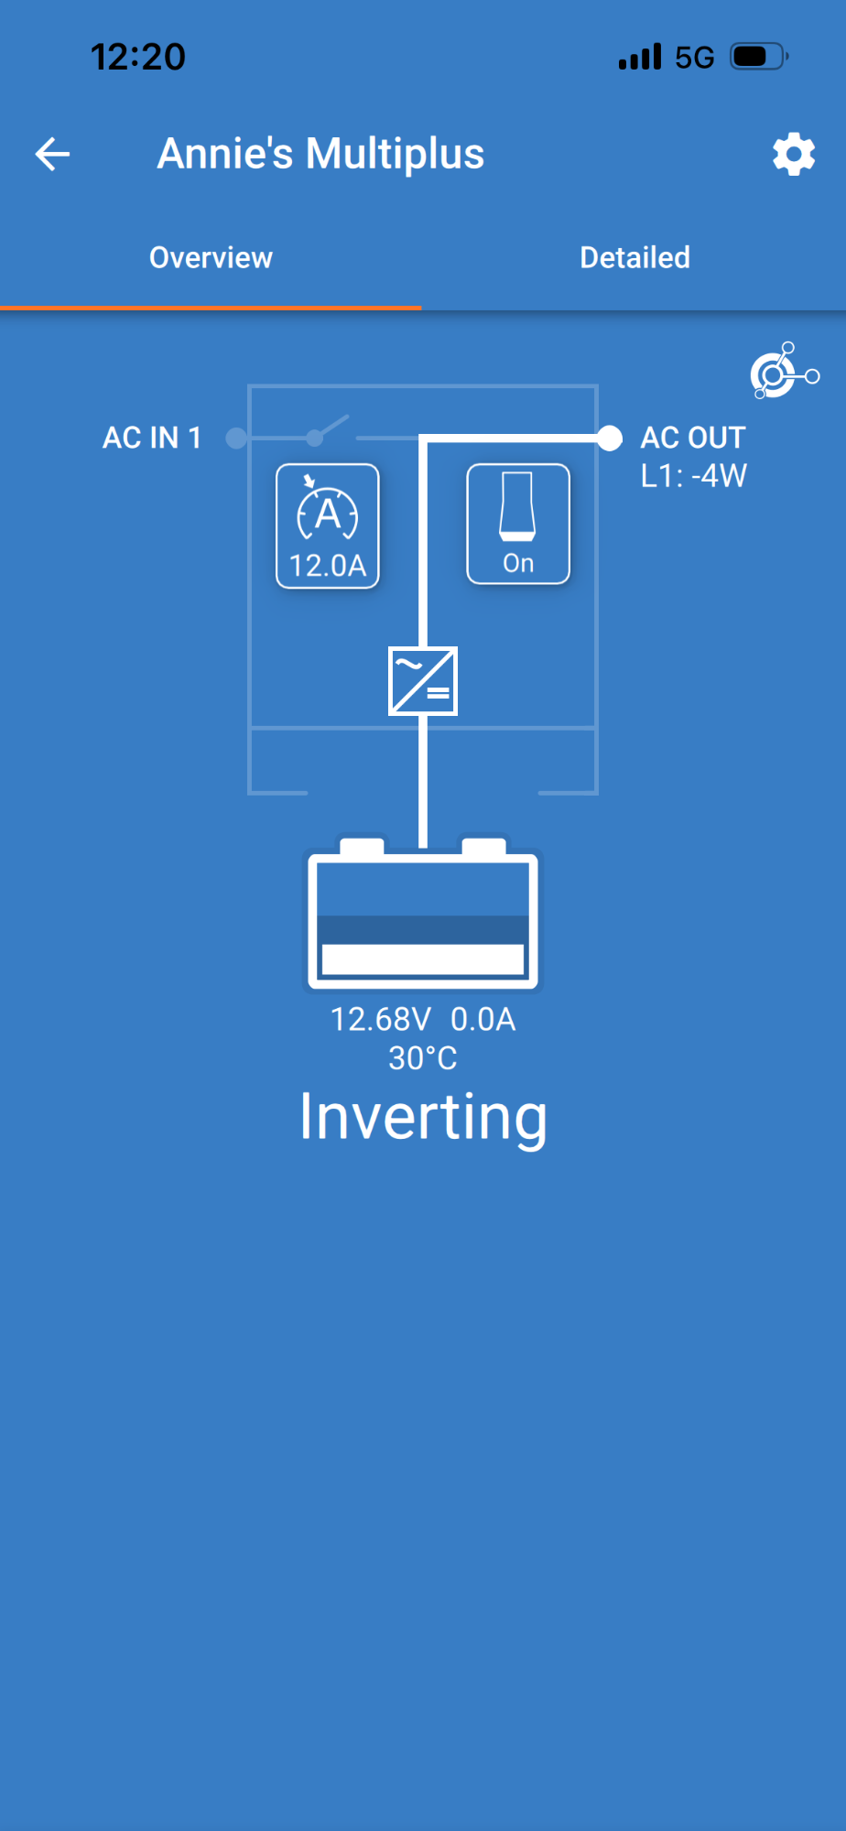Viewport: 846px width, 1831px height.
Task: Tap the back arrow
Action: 52,154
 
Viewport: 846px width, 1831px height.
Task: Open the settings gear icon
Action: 794,154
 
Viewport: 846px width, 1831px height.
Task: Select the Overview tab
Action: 211,258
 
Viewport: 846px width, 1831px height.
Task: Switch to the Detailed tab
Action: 634,258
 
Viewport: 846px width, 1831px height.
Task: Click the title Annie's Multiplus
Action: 320,154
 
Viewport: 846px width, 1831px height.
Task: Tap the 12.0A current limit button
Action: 328,526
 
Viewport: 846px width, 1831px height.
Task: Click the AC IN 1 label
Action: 152,438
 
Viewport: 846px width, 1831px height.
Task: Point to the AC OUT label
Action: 693,438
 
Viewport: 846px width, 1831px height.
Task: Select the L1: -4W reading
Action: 694,476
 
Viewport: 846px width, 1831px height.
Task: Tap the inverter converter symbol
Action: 423,681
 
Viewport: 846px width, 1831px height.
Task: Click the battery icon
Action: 423,914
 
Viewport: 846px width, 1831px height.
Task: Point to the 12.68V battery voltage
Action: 380,1019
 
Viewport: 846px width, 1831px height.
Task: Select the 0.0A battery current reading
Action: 483,1019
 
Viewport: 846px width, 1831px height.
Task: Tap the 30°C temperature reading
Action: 423,1058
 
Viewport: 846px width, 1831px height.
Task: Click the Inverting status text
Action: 423,1118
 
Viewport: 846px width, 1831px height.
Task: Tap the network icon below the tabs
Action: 785,371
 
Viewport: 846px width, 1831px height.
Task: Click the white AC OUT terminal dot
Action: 609,438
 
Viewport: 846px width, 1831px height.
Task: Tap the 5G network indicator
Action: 694,58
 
